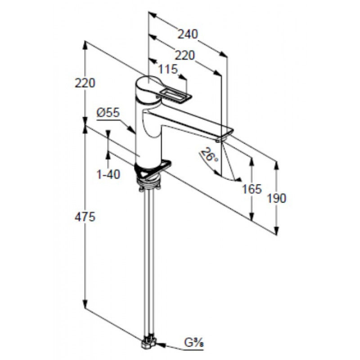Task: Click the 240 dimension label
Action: [188, 34]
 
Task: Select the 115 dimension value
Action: [168, 69]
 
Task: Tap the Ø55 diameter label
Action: [108, 112]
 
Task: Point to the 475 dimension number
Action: [85, 217]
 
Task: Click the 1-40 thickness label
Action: [108, 174]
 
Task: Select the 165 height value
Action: [252, 189]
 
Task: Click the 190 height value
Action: [276, 198]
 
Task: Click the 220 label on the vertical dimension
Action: [85, 83]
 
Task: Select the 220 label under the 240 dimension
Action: [184, 55]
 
